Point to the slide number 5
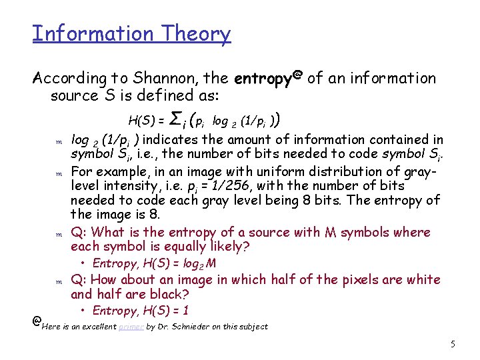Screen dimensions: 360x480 coord(453,344)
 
